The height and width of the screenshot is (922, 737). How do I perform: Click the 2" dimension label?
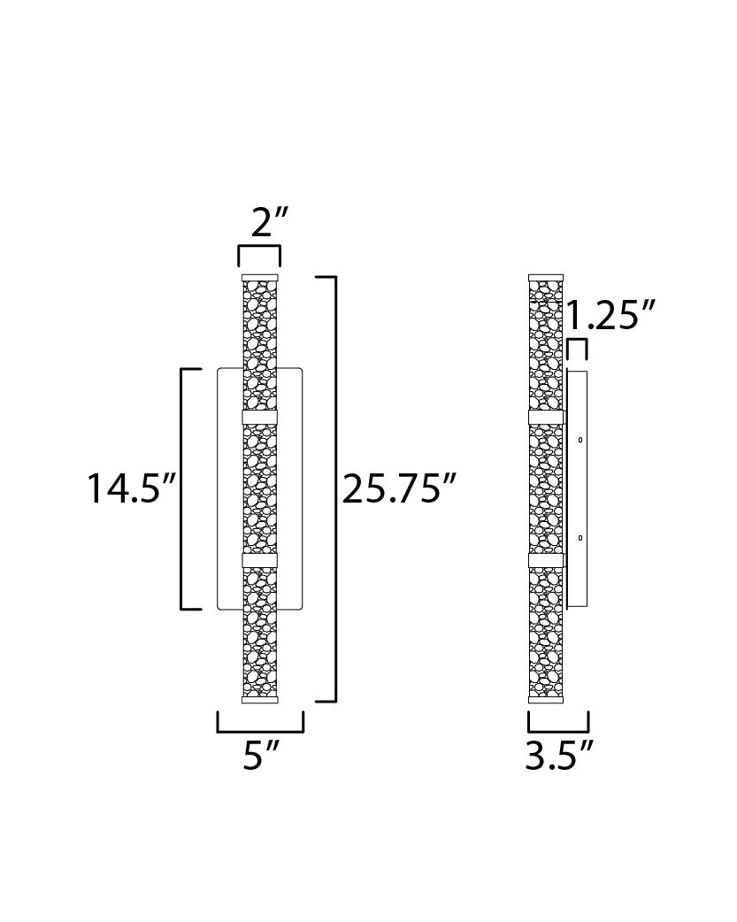point(269,222)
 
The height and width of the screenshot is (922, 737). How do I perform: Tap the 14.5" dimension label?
point(132,488)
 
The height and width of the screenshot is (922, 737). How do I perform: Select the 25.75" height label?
point(399,488)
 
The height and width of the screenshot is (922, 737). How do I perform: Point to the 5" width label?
point(261,755)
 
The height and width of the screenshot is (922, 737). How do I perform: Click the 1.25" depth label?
point(610,315)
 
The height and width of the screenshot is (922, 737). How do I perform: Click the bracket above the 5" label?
point(261,731)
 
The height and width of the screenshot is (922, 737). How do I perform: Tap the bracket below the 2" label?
point(259,248)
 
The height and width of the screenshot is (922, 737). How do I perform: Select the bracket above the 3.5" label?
point(558,731)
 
